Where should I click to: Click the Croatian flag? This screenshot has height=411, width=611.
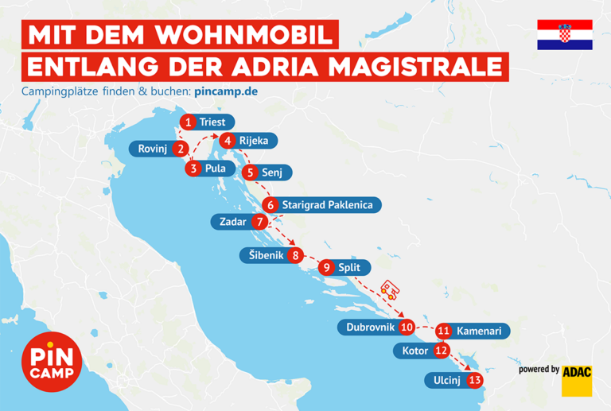565,34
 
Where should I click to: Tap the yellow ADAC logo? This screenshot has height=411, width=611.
577,380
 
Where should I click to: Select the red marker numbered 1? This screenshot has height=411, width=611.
188,122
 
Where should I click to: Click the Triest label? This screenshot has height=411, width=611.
212,122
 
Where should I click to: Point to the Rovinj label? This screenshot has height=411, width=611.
152,149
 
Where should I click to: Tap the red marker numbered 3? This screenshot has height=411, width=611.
194,169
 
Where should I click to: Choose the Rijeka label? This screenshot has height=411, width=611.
254,142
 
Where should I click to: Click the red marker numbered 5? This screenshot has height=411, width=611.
251,172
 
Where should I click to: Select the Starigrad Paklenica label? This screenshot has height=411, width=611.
327,205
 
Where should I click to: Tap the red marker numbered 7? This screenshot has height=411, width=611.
259,222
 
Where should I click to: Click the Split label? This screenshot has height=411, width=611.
349,268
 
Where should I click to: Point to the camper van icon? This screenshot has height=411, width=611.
390,290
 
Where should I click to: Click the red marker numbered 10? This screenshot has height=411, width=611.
407,327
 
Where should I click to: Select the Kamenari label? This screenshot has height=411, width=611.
479,330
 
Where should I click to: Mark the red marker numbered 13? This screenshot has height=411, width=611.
475,380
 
